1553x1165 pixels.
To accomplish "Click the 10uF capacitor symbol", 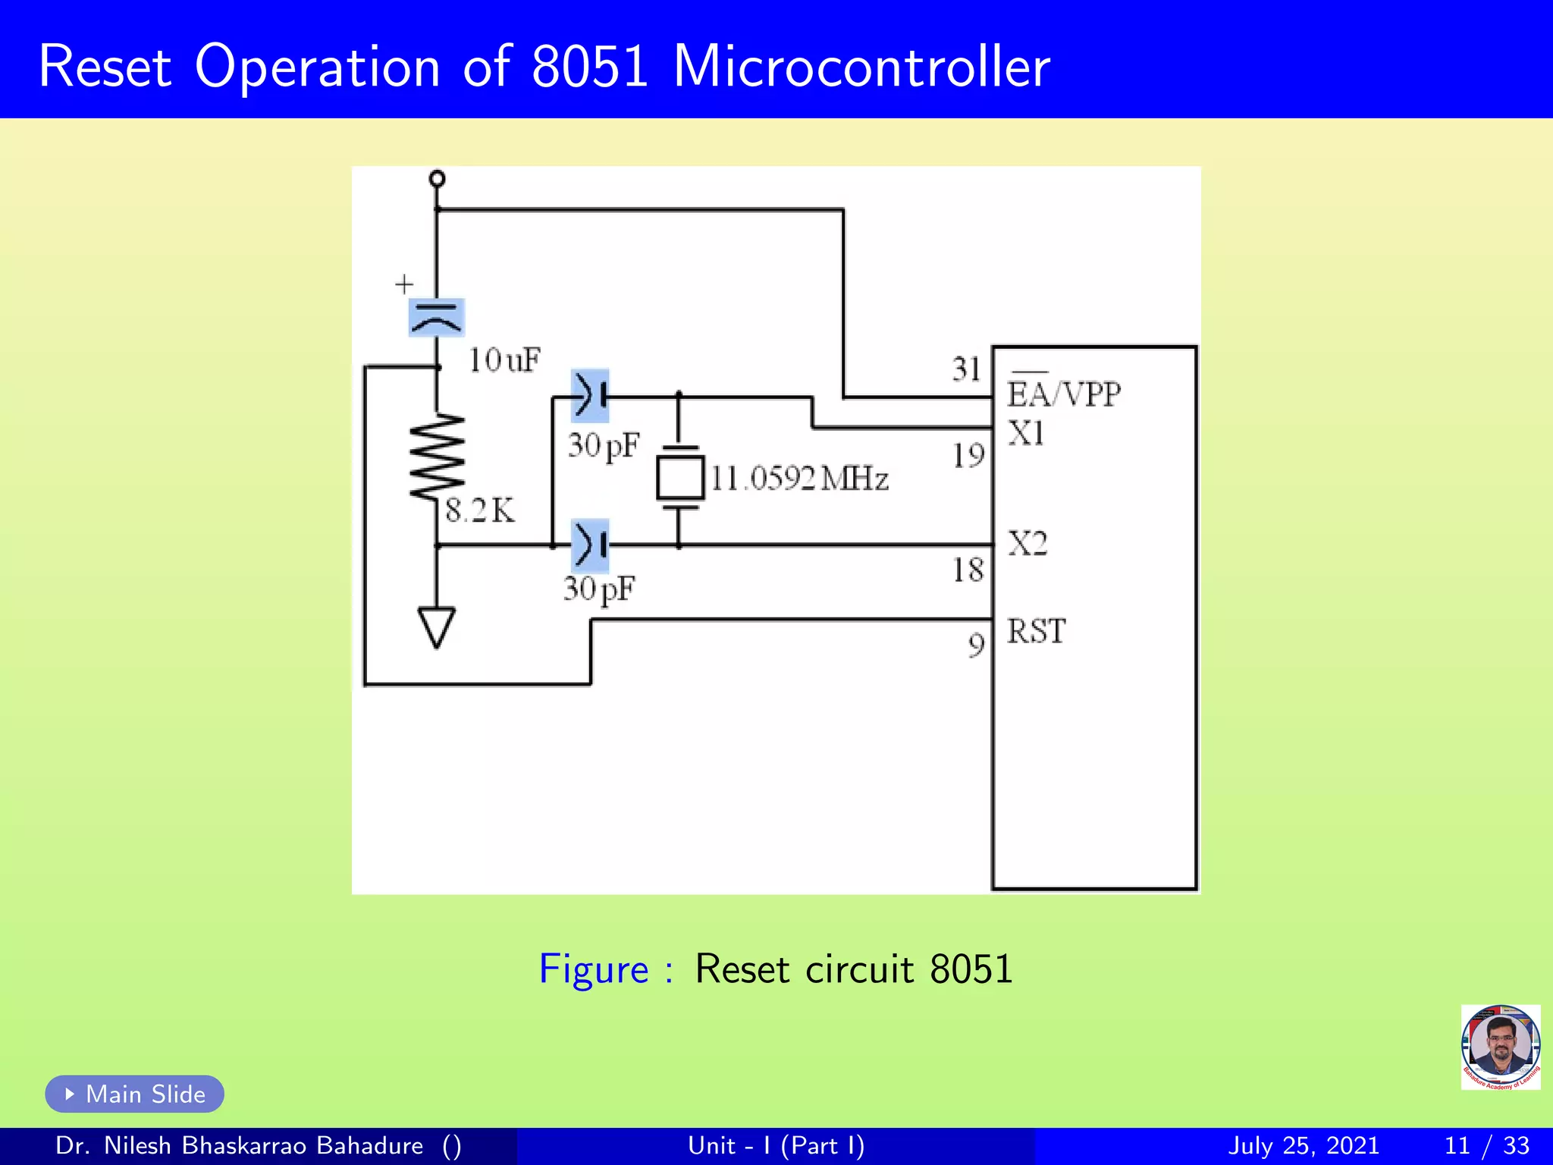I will pos(436,318).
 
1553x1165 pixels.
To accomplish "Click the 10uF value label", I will pos(504,360).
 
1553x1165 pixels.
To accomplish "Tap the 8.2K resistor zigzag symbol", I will pos(437,457).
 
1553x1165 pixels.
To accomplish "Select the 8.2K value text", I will pos(480,510).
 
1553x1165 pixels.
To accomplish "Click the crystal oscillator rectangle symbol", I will pos(680,477).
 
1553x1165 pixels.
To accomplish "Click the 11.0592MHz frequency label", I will pos(799,479).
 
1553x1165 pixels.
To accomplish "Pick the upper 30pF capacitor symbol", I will pos(591,396).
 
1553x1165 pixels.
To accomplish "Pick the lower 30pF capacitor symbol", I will pos(591,545).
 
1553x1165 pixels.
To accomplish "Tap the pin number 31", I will pos(967,369).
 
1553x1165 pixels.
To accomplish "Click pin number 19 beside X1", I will pos(968,456).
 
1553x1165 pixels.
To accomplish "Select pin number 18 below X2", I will pos(968,570).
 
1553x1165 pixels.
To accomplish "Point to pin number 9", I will pos(977,645).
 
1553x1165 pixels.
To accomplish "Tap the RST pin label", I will pos(1036,631).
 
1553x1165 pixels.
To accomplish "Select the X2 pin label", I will pos(1027,544).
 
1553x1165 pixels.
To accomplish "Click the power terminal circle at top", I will pos(437,179).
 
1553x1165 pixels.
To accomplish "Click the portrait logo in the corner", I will pos(1500,1047).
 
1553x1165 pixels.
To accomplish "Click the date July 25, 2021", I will pos(1303,1145).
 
